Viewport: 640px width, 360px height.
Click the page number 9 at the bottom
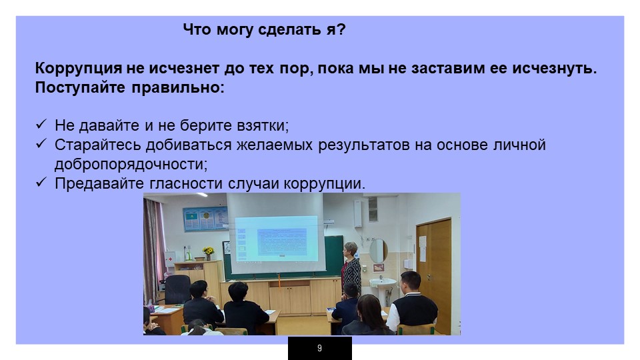[x=319, y=348]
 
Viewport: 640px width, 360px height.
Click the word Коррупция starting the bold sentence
[x=79, y=68]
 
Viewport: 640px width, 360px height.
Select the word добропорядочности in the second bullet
[x=131, y=164]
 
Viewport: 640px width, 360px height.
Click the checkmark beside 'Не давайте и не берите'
[x=41, y=124]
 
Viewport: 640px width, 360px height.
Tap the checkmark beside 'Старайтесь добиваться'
[x=41, y=144]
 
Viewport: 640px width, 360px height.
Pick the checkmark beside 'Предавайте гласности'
[x=41, y=182]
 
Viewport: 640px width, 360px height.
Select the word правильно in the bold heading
[x=178, y=88]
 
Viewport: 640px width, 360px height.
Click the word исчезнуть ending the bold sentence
[x=555, y=68]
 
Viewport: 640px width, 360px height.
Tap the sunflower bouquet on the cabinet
[x=208, y=252]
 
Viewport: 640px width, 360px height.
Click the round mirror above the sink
[x=378, y=251]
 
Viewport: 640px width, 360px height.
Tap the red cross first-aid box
[x=170, y=259]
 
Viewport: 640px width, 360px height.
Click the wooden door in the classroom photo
[x=434, y=274]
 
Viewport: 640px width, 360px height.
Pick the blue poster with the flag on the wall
[x=205, y=219]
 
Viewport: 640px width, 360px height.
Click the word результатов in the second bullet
[x=364, y=145]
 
